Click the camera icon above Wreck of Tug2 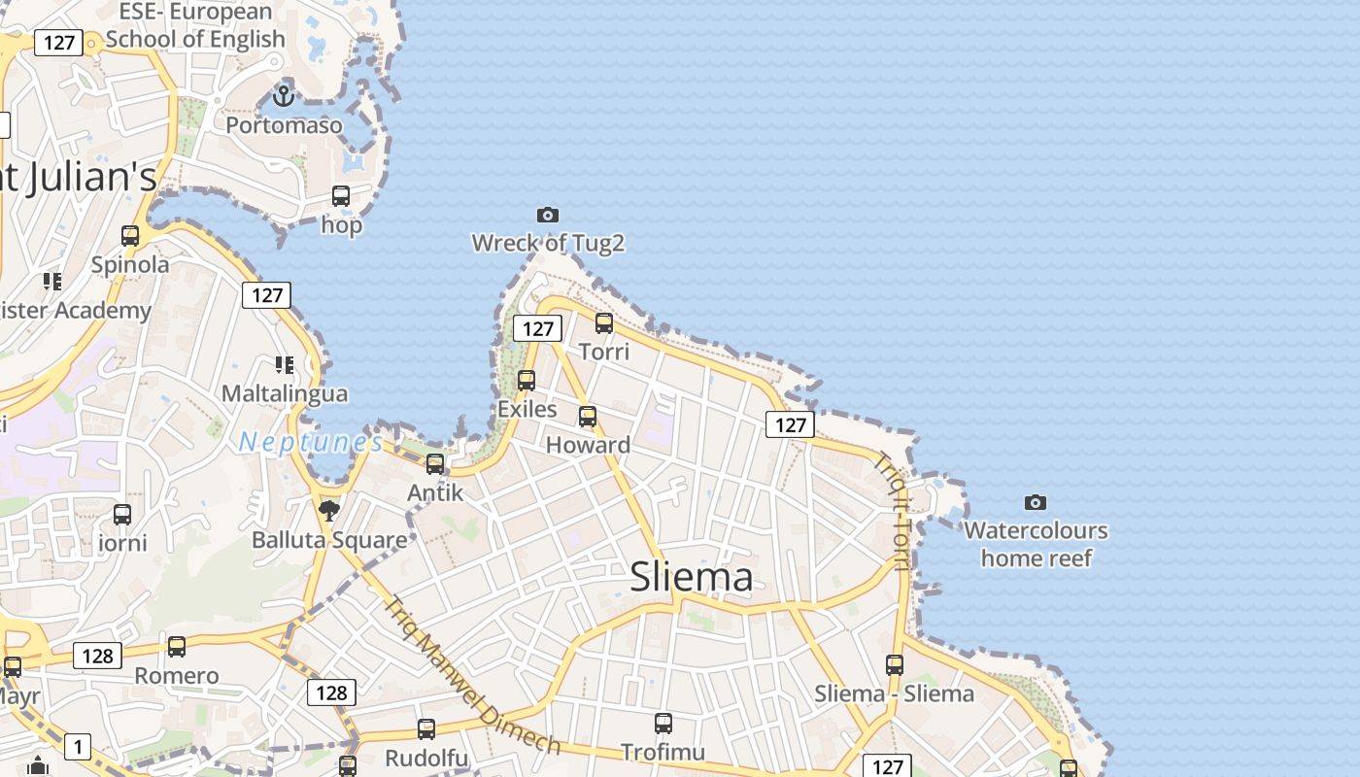coord(548,215)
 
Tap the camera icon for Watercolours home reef coord(1036,502)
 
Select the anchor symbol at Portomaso coord(284,95)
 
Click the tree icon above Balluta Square coord(329,510)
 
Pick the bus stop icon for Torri coord(604,323)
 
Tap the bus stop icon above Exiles coord(527,381)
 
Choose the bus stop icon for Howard coord(588,417)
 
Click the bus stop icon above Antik coord(435,464)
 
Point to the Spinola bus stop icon coord(130,236)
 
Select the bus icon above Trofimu coord(663,724)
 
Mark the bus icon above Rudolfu coord(426,729)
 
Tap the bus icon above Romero coord(177,647)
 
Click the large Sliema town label coord(692,577)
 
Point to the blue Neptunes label coord(311,443)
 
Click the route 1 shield coord(78,747)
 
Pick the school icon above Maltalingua coord(284,365)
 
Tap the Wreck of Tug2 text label coord(548,243)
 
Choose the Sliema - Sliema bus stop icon coord(895,665)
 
